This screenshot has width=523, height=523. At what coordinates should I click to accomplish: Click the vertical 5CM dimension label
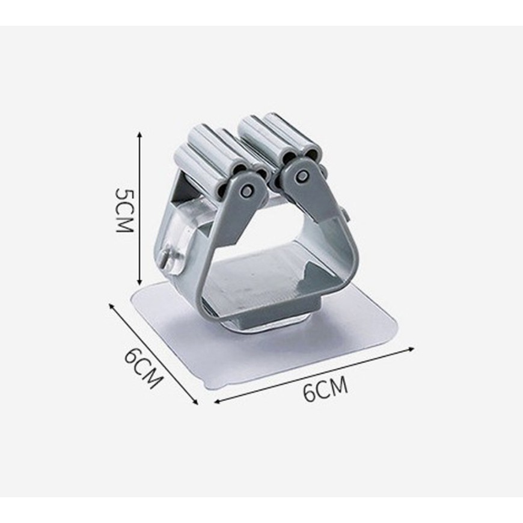click(124, 210)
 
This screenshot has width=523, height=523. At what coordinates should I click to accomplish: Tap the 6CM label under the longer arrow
click(325, 389)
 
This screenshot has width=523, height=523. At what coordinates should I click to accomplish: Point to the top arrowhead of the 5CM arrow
click(140, 134)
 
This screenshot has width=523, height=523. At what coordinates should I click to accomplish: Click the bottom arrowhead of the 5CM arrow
click(140, 283)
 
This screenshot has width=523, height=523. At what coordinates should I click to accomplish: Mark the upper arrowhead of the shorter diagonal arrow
click(111, 305)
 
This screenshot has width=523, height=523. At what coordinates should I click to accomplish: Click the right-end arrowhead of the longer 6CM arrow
click(411, 349)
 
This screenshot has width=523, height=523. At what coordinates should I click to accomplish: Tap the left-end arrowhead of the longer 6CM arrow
click(218, 402)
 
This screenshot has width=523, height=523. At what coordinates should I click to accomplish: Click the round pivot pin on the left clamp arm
click(246, 190)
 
